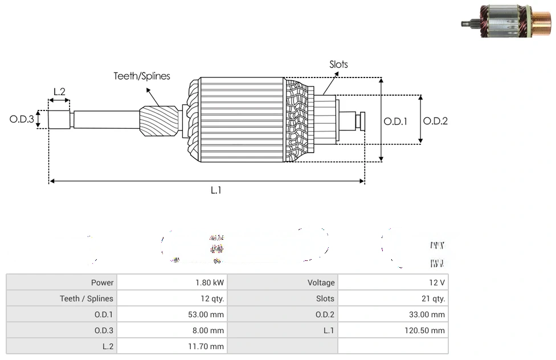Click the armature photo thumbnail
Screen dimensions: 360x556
(506, 21)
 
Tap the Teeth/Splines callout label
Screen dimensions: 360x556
(142, 76)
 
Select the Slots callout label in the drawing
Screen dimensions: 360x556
(338, 64)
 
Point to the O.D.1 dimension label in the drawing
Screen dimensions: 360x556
(395, 121)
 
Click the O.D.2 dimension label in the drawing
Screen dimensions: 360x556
(435, 121)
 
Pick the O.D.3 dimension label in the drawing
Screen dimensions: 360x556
(22, 119)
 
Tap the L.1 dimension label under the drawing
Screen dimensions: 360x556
(216, 190)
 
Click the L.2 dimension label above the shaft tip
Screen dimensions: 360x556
(59, 91)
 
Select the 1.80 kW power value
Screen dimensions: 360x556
(210, 283)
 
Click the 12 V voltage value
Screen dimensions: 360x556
(437, 283)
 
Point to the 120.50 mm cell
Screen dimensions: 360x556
(424, 330)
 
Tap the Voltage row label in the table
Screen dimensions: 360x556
(321, 283)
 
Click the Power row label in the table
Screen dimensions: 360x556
(103, 283)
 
